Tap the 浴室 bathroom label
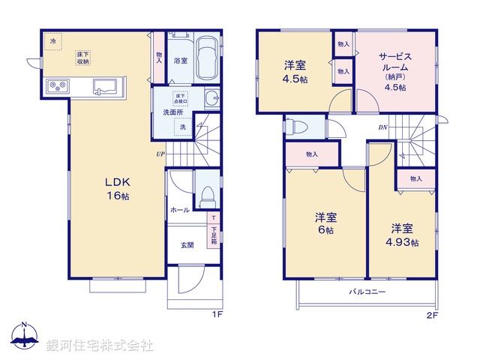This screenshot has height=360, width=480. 180,61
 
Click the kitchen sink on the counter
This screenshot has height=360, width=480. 105,85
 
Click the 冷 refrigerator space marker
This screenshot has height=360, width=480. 52,42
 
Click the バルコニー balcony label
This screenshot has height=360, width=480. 366,291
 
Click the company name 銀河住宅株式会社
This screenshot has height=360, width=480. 100,345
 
